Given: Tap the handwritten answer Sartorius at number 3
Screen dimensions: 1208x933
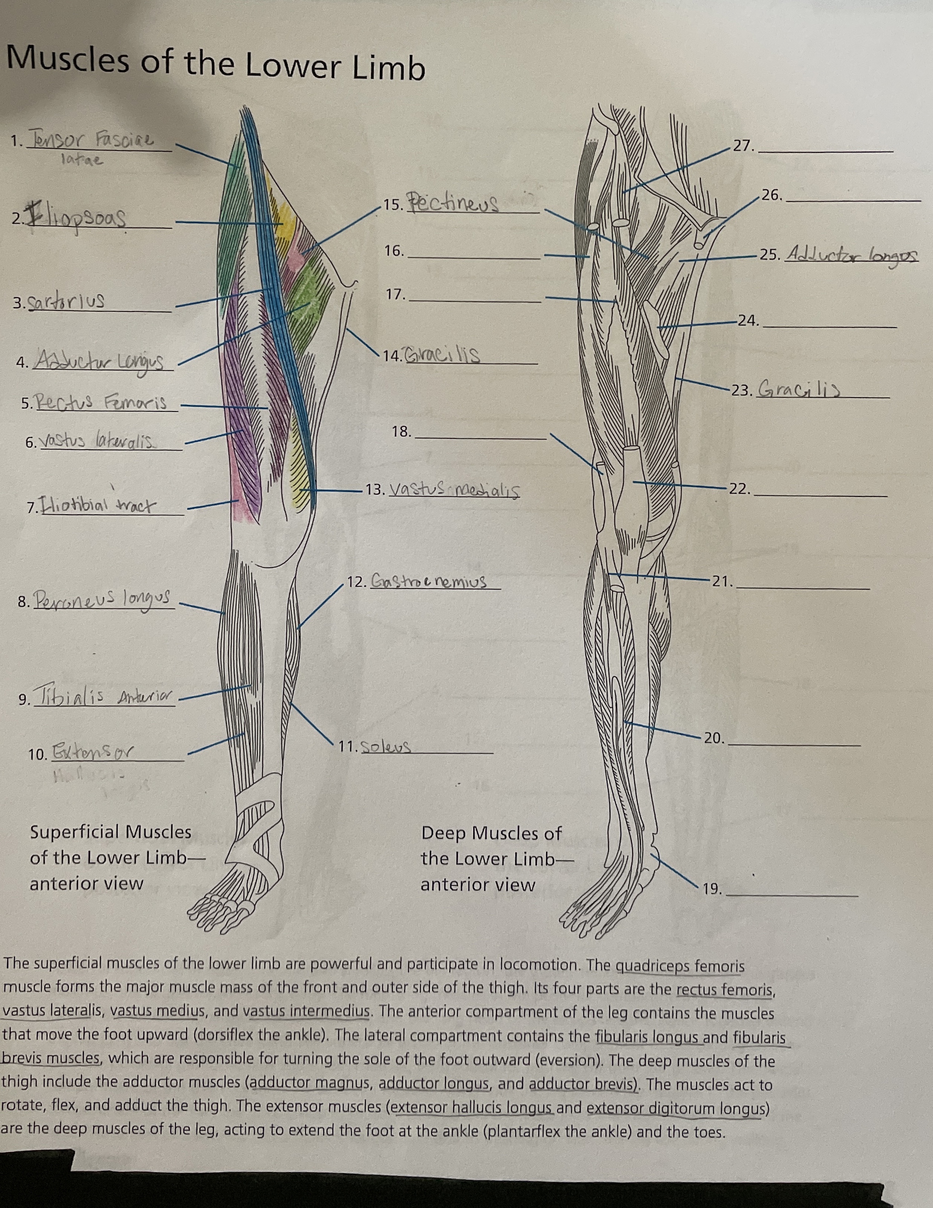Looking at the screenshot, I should click(67, 302).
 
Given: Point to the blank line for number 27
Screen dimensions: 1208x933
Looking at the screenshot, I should click(825, 151).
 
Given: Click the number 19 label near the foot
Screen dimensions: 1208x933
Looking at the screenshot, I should click(712, 889).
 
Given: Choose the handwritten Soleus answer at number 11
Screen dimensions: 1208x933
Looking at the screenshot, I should click(385, 747).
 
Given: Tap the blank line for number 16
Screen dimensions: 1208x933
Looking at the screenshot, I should click(473, 258).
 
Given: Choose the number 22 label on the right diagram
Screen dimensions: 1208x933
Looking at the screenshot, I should click(740, 489).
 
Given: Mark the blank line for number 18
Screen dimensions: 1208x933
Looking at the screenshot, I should click(480, 437).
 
